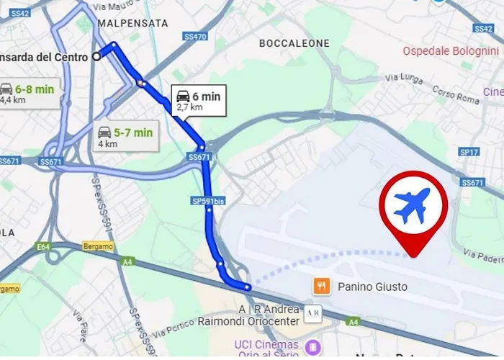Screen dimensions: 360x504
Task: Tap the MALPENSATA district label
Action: pos(132,23)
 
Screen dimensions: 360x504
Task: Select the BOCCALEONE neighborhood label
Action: pos(294,43)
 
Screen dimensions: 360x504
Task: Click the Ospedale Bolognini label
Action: pos(450,51)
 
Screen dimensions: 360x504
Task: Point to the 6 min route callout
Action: pos(198,101)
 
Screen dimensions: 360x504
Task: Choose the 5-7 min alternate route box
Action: pos(126,136)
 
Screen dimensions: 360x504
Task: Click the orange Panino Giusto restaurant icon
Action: pos(321,287)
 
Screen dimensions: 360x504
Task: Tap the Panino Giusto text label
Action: pos(372,287)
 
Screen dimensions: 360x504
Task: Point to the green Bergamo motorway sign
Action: pos(99,246)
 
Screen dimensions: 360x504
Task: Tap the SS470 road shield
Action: pos(197,37)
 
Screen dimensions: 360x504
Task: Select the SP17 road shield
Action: pos(469,152)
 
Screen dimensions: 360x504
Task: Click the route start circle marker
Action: pos(96,56)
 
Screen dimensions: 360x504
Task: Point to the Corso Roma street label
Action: pos(456,93)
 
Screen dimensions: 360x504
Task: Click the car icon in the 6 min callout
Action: pos(183,96)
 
